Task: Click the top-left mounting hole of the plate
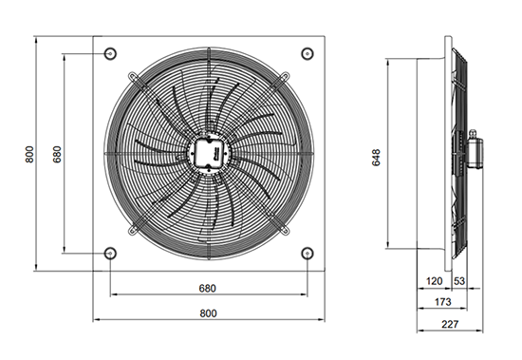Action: tap(110, 53)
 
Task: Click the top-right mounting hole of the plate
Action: tap(308, 53)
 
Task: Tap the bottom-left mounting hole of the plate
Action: tap(110, 254)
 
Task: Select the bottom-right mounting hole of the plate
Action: tap(308, 254)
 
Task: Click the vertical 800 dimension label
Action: tap(29, 154)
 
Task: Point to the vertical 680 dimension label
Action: tap(57, 154)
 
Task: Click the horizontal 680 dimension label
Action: tap(208, 288)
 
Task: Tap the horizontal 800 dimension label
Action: tap(209, 313)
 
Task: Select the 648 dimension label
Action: tap(376, 158)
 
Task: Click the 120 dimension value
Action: tap(434, 281)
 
